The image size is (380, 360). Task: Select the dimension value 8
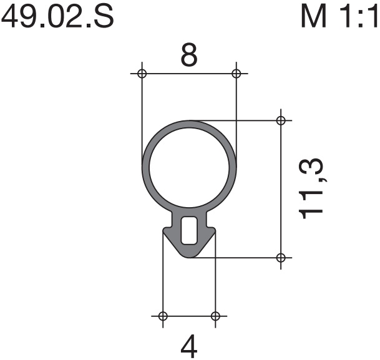pyautogui.click(x=189, y=55)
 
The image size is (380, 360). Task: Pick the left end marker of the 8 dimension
pyautogui.click(x=142, y=74)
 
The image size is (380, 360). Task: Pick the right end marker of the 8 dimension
pyautogui.click(x=236, y=74)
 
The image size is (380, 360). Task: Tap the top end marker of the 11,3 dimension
pyautogui.click(x=281, y=120)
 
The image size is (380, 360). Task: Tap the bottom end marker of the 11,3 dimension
pyautogui.click(x=281, y=258)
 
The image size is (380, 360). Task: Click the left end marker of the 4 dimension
pyautogui.click(x=163, y=316)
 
